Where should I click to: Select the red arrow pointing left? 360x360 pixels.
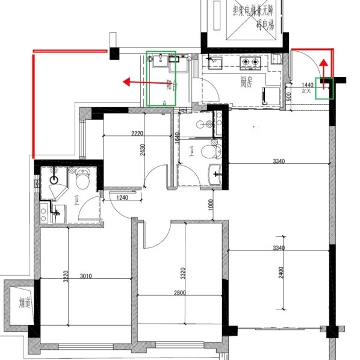[x=135, y=81]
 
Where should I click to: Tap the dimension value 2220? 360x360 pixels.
[x=137, y=133]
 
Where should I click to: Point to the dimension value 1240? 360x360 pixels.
[x=122, y=197]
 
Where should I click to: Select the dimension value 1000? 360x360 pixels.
[x=211, y=205]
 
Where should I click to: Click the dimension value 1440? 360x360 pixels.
[x=307, y=86]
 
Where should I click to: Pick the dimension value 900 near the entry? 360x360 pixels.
[x=289, y=95]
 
